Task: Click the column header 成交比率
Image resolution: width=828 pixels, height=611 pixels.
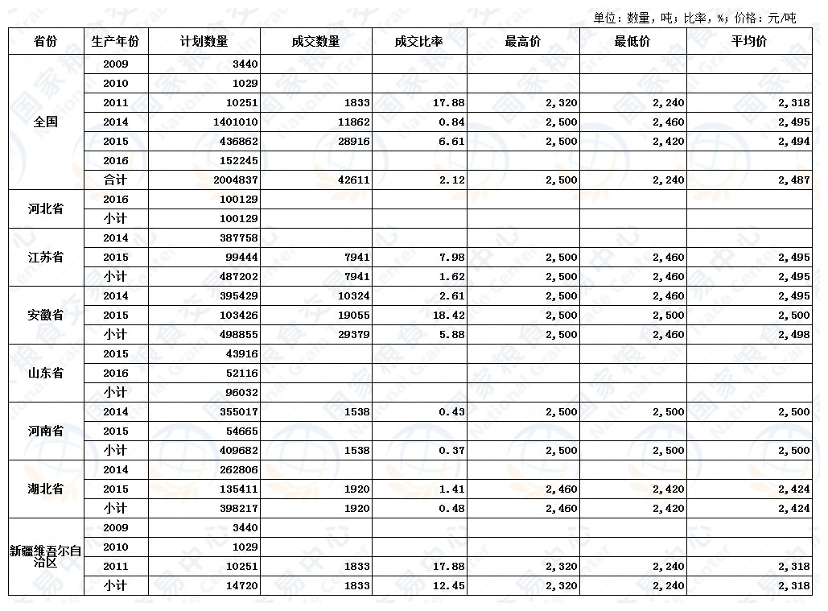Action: [x=419, y=41]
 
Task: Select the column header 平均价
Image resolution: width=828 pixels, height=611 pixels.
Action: [x=748, y=41]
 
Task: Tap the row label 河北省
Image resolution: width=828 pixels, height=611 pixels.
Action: [x=46, y=208]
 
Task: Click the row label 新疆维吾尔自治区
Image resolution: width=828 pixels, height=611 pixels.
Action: [x=46, y=556]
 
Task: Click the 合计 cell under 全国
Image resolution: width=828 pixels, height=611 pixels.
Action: [x=116, y=180]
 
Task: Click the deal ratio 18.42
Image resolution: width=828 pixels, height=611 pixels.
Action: [x=449, y=316]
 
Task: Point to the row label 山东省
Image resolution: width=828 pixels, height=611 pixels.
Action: [x=46, y=373]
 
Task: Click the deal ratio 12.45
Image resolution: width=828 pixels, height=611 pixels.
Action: [x=449, y=586]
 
